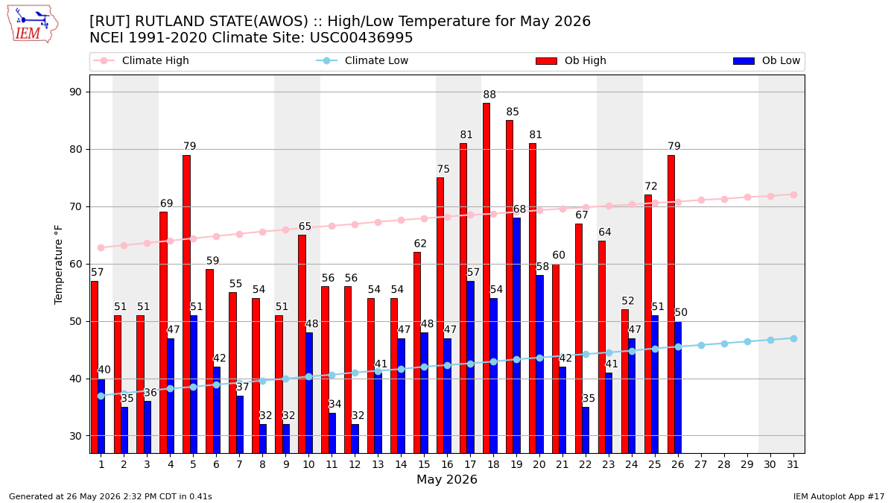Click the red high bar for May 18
coord(486,278)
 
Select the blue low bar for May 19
coord(516,336)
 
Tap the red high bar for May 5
coord(187,304)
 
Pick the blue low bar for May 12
coord(355,439)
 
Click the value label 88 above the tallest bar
coord(489,95)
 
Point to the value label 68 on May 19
coord(519,209)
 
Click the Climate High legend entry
coord(141,60)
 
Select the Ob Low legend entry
coord(767,60)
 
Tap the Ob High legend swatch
coord(546,60)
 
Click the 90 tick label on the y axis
coord(75,92)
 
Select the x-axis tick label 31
coord(793,464)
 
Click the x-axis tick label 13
coord(378,464)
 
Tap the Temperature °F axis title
coord(58,265)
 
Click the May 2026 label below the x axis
coord(446,479)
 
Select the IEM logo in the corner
coord(32,25)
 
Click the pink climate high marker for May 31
coord(793,194)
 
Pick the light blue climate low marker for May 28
coord(724,344)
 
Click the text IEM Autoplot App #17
coord(839,496)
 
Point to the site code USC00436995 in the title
coord(361,38)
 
